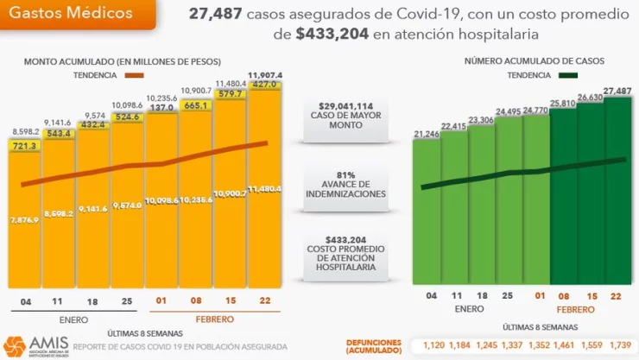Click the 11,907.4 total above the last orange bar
click(265, 75)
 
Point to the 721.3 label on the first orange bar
click(25, 147)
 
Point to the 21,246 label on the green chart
click(426, 133)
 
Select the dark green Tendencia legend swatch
click(571, 75)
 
